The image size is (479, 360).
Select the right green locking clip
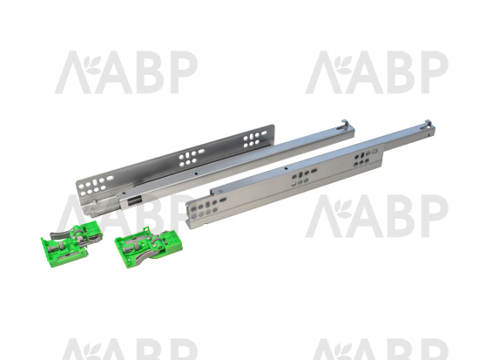(149, 248)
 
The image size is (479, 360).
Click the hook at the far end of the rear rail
(344, 124)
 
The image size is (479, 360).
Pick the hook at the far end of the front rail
(427, 126)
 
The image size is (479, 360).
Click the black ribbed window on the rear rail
(133, 201)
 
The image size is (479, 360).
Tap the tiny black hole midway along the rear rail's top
(196, 173)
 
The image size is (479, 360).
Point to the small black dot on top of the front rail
(286, 168)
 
